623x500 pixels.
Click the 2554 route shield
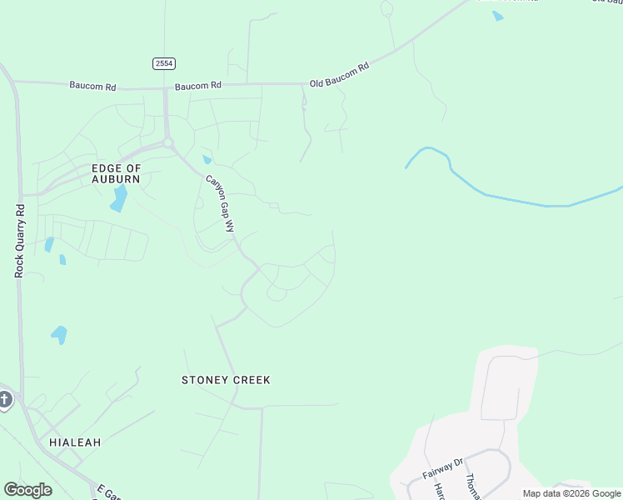(x=164, y=63)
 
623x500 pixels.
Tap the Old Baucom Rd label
(x=338, y=74)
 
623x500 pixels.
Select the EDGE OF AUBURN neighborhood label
(x=116, y=173)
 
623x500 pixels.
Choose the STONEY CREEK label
(x=226, y=380)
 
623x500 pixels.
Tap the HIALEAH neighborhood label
(x=75, y=442)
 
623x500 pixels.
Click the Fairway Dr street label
(x=441, y=469)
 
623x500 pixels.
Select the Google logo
(x=27, y=490)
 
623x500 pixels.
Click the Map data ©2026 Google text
(x=571, y=493)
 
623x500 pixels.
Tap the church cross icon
(x=4, y=401)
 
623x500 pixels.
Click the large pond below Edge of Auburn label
(x=119, y=198)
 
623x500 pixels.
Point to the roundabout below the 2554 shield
(x=168, y=142)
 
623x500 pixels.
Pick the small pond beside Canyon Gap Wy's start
(x=207, y=159)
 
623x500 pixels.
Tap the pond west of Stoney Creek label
(x=59, y=335)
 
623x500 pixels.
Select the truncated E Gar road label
(x=108, y=491)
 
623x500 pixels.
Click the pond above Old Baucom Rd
(x=497, y=16)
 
